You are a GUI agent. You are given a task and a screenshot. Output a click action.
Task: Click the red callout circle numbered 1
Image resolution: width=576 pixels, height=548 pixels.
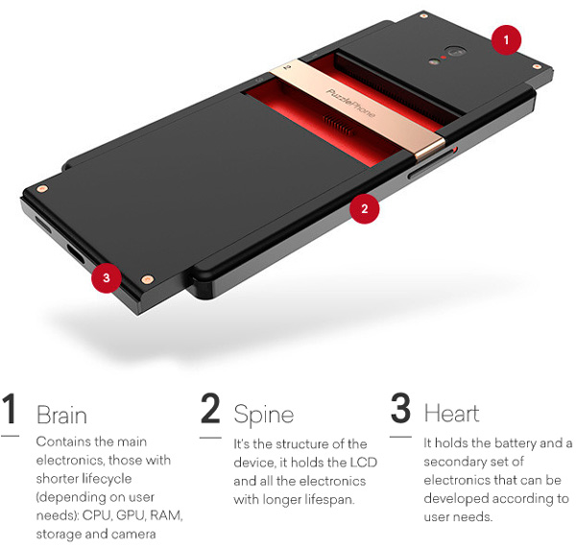point(506,40)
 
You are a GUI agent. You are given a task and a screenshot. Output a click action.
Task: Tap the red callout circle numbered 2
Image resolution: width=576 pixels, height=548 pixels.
point(364,208)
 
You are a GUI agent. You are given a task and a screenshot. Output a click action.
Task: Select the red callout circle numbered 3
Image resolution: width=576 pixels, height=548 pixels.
point(107,277)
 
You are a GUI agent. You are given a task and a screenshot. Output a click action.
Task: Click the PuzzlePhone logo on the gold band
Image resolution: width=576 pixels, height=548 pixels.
point(350,103)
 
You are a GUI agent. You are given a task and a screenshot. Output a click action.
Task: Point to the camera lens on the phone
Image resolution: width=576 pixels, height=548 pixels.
point(455,52)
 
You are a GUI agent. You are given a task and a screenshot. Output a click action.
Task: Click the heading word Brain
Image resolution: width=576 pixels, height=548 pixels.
point(61,415)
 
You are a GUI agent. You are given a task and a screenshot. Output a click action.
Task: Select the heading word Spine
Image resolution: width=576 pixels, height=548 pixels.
point(264,416)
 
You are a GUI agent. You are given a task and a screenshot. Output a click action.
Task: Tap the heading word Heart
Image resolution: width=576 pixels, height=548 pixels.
point(451,414)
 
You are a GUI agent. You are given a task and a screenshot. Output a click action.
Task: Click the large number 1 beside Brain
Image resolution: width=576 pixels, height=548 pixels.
point(10,409)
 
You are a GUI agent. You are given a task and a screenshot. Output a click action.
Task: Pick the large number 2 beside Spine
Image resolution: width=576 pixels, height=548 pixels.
point(210,409)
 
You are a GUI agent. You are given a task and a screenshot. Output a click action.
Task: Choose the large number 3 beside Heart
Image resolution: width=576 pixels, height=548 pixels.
point(400,409)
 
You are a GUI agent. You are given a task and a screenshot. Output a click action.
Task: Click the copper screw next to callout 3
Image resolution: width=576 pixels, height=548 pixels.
point(147,280)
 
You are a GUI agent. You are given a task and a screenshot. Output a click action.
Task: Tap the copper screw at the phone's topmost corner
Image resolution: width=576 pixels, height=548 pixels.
point(423,16)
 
